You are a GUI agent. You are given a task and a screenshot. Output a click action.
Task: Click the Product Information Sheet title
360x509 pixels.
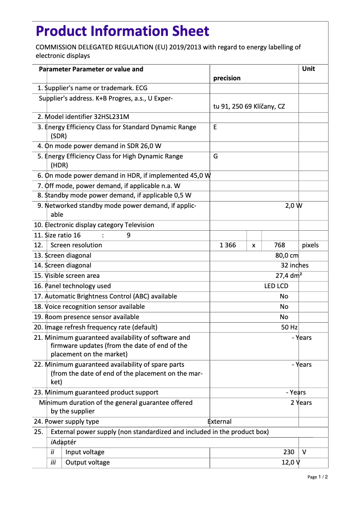pos(122,31)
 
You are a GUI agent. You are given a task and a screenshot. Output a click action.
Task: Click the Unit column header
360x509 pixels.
pos(308,69)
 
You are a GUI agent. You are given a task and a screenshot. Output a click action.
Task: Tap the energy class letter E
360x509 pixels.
pos(215,127)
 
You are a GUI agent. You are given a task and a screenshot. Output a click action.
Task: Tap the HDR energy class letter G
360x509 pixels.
pos(215,156)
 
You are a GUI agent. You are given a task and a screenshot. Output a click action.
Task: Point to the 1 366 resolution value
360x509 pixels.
pos(228,245)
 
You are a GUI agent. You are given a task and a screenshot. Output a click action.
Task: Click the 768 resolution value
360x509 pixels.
pos(280,245)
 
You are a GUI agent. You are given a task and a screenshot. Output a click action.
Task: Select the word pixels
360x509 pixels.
pos(310,245)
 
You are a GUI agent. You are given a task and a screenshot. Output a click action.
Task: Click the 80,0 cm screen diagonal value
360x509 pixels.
pos(287,255)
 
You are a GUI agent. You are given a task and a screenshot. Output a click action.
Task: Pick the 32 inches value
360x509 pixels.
pos(294,265)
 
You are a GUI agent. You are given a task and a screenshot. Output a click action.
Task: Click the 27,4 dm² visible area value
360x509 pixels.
pos(289,276)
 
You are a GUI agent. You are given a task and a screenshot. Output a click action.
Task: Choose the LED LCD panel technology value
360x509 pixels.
pos(276,286)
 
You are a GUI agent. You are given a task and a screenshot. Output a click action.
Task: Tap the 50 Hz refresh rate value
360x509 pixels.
pos(290,327)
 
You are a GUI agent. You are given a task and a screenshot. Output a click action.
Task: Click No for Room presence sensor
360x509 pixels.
pos(284,317)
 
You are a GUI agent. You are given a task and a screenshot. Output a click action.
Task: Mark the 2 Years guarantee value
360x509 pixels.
pos(301,403)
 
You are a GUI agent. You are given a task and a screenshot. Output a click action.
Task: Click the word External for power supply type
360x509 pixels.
pos(220,421)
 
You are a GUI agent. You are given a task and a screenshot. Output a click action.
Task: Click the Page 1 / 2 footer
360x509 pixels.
pos(317,477)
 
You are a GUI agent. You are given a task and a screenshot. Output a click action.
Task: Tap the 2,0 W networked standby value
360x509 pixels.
pos(294,206)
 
